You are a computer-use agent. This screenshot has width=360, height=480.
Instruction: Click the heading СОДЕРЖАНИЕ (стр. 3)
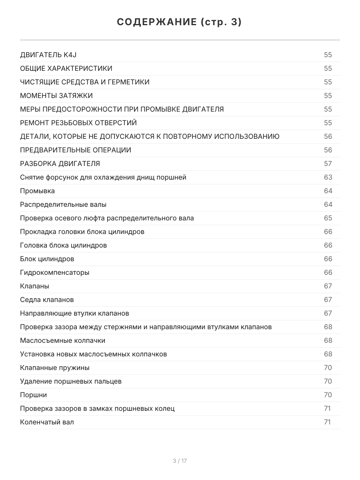click(x=180, y=22)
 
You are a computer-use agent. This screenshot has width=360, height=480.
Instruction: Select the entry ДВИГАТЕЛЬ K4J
click(x=51, y=55)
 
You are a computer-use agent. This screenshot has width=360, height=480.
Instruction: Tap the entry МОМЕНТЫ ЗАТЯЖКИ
click(x=56, y=96)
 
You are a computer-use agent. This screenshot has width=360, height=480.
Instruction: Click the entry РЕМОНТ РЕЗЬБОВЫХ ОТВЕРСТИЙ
click(x=78, y=123)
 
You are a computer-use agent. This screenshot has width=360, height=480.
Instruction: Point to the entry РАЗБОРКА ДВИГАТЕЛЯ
click(x=60, y=164)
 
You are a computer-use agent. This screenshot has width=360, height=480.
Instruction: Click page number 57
click(x=328, y=164)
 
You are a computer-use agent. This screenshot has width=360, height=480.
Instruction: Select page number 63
click(x=328, y=177)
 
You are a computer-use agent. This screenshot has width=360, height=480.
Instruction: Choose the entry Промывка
click(x=38, y=191)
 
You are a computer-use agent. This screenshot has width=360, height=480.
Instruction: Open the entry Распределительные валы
click(x=63, y=204)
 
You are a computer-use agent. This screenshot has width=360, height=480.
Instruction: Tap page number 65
click(x=328, y=218)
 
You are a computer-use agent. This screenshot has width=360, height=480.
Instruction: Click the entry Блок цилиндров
click(x=47, y=259)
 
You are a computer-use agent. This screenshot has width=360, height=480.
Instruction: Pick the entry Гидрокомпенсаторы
click(x=55, y=272)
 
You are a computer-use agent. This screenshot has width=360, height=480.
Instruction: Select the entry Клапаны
click(x=35, y=286)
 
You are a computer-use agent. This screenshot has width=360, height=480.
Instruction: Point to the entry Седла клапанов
click(x=47, y=300)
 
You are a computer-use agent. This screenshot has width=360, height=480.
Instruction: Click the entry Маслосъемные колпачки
click(x=63, y=340)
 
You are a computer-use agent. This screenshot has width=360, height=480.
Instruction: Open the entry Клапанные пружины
click(x=55, y=368)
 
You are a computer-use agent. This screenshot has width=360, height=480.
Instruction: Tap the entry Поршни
click(x=34, y=395)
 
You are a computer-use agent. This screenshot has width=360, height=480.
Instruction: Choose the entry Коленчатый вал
click(x=47, y=422)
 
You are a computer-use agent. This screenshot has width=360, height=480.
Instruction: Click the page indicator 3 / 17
click(x=180, y=461)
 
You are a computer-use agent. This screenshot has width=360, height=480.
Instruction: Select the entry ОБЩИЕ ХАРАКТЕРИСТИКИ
click(x=66, y=68)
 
